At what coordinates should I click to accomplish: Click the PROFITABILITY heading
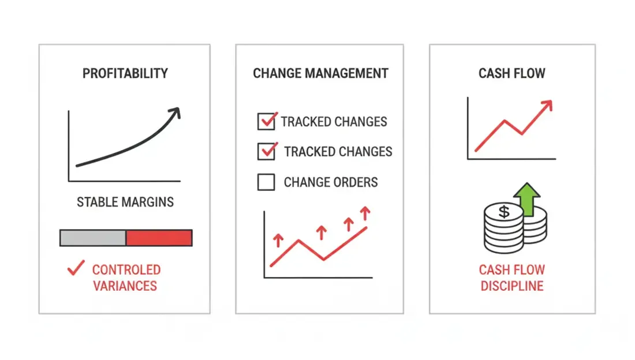pos(125,73)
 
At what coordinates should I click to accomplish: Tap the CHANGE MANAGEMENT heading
pos(320,73)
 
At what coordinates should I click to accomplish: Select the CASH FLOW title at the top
pos(512,73)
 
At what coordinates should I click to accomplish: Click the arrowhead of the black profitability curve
pos(175,112)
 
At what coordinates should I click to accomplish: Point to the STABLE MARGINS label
pos(125,202)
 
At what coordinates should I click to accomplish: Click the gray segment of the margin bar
pos(93,238)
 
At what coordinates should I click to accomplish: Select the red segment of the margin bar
pos(159,238)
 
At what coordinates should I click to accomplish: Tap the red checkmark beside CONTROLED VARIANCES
pos(76,268)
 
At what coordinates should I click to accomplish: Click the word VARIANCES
pos(125,286)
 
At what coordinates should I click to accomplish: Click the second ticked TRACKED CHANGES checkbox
pos(266,152)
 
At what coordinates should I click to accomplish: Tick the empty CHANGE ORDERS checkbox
pos(266,182)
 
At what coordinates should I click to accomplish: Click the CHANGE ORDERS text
pos(331,182)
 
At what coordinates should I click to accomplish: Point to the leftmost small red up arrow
pos(278,240)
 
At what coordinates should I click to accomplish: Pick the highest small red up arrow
pos(365,213)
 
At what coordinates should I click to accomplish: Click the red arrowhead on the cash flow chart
pos(547,105)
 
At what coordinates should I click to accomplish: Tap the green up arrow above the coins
pos(527,198)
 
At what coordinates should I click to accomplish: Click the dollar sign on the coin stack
pos(504,211)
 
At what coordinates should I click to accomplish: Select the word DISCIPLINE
pos(512,286)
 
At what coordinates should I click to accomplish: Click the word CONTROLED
pos(126,269)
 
